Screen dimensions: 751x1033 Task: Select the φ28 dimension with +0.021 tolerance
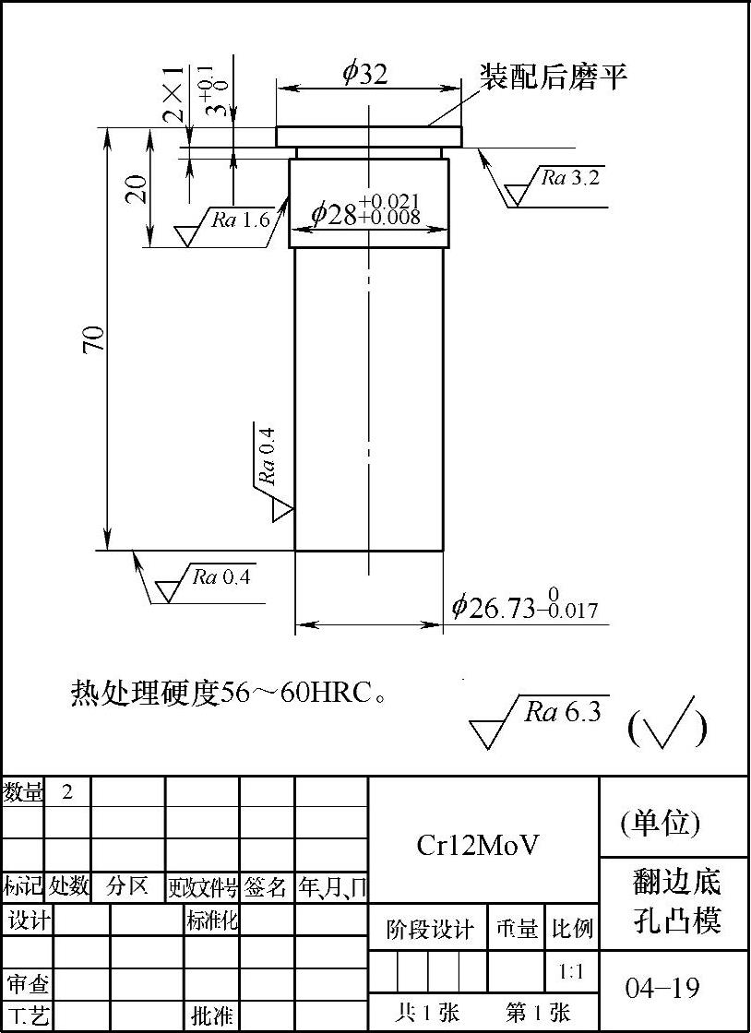coord(365,211)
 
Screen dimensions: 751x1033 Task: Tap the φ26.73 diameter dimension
coord(524,607)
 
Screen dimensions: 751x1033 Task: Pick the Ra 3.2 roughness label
coord(569,178)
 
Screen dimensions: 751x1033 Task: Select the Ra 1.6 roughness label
coord(240,219)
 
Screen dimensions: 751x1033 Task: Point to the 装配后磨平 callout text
coord(553,77)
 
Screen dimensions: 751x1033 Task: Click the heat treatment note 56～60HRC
coord(228,693)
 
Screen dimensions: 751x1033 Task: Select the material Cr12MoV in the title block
coord(478,845)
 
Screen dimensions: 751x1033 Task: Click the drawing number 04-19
coord(662,989)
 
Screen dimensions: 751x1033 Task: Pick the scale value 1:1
coord(571,971)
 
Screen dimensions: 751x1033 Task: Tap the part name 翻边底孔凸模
coord(675,900)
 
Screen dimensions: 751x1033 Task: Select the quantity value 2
coord(67,791)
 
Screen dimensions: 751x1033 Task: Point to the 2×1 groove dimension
coord(173,95)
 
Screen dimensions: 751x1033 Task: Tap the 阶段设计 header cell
coord(429,929)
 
